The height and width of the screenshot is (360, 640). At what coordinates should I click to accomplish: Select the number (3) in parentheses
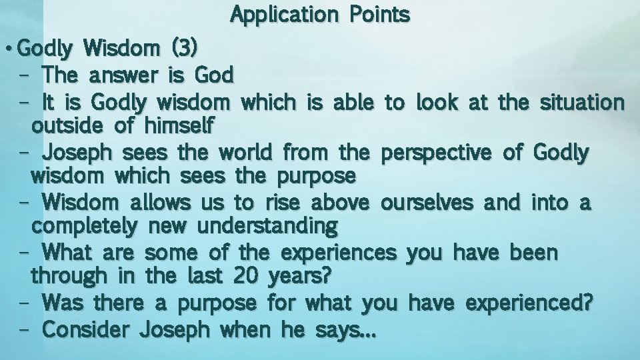click(183, 49)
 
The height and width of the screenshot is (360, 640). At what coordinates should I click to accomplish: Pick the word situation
click(582, 102)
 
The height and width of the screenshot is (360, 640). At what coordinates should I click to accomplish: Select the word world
click(243, 153)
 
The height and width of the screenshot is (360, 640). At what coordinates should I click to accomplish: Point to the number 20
click(246, 275)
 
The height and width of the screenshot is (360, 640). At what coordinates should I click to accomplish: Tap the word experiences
click(339, 253)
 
